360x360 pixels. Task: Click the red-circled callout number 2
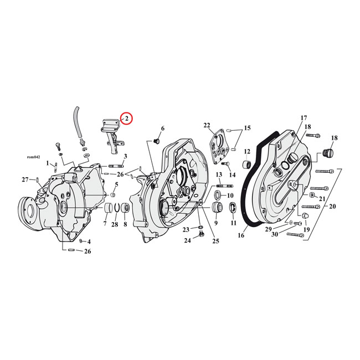click(126, 117)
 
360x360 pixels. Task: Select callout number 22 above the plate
click(207, 125)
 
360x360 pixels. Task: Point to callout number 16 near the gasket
click(241, 235)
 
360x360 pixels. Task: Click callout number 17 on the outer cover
click(304, 118)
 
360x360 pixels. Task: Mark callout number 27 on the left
click(24, 179)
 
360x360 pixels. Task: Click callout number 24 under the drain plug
click(187, 240)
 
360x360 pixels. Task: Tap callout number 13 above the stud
click(219, 174)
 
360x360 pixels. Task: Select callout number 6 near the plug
click(162, 128)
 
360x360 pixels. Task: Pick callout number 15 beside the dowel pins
click(247, 128)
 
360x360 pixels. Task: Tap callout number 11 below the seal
click(233, 223)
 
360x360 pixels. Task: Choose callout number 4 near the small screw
click(89, 241)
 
